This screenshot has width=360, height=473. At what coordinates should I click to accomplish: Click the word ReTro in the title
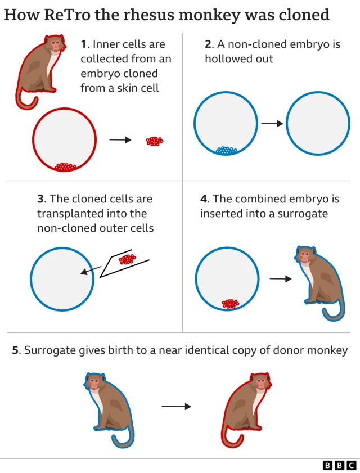click(67, 15)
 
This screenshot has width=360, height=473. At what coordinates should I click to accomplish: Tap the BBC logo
click(339, 465)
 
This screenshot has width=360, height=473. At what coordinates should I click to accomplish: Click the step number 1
click(84, 44)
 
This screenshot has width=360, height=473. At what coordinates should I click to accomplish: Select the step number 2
click(208, 44)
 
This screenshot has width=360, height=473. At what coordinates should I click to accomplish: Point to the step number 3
click(40, 199)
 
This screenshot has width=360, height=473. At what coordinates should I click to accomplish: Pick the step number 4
click(204, 199)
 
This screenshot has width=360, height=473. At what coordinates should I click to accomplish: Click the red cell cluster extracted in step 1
click(155, 141)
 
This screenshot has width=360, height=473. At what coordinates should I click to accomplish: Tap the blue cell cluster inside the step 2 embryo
click(226, 150)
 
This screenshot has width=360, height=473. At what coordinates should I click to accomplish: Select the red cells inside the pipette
click(128, 259)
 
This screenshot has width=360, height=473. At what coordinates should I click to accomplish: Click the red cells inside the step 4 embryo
click(230, 304)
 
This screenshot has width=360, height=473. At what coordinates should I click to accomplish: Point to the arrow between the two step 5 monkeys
click(177, 406)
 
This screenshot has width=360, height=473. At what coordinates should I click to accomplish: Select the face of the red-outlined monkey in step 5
click(260, 384)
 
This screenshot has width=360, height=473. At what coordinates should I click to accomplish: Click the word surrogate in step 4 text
click(308, 214)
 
